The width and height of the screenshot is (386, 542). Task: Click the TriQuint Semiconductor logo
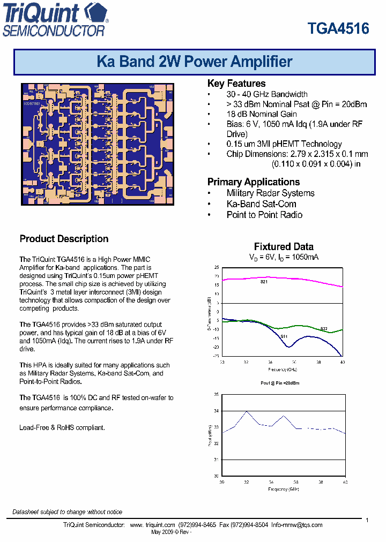point(55,20)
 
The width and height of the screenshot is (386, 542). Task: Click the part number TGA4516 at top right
point(338,28)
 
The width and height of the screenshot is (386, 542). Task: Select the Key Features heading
point(236,84)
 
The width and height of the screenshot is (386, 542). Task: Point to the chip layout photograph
point(98,144)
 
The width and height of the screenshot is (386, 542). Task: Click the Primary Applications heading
point(254,182)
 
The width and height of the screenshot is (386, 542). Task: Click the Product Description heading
point(64,239)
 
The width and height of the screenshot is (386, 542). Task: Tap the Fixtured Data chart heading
point(284,247)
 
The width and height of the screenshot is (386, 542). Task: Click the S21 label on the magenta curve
point(264,282)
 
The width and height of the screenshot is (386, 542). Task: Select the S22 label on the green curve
point(324,328)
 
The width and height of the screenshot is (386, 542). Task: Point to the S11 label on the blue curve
point(284,336)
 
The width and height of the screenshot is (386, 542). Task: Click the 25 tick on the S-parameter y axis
point(217,267)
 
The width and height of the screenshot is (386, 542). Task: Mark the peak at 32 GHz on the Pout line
point(247,411)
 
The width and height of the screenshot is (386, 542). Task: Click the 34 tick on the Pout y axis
point(217,411)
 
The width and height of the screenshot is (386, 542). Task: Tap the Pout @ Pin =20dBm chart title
point(283,384)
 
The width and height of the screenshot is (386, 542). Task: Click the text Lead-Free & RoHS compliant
point(62,427)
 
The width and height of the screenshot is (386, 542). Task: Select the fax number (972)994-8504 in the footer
point(254,525)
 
